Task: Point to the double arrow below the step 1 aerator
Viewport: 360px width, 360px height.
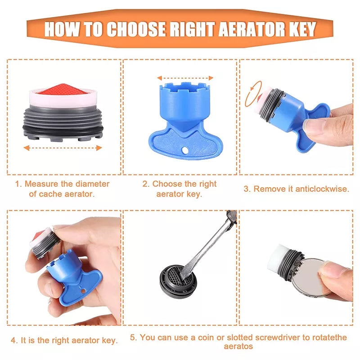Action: click(63, 148)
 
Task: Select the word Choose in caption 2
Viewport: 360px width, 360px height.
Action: click(167, 184)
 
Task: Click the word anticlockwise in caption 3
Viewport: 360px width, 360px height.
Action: click(322, 189)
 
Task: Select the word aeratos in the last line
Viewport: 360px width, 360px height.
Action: click(238, 346)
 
